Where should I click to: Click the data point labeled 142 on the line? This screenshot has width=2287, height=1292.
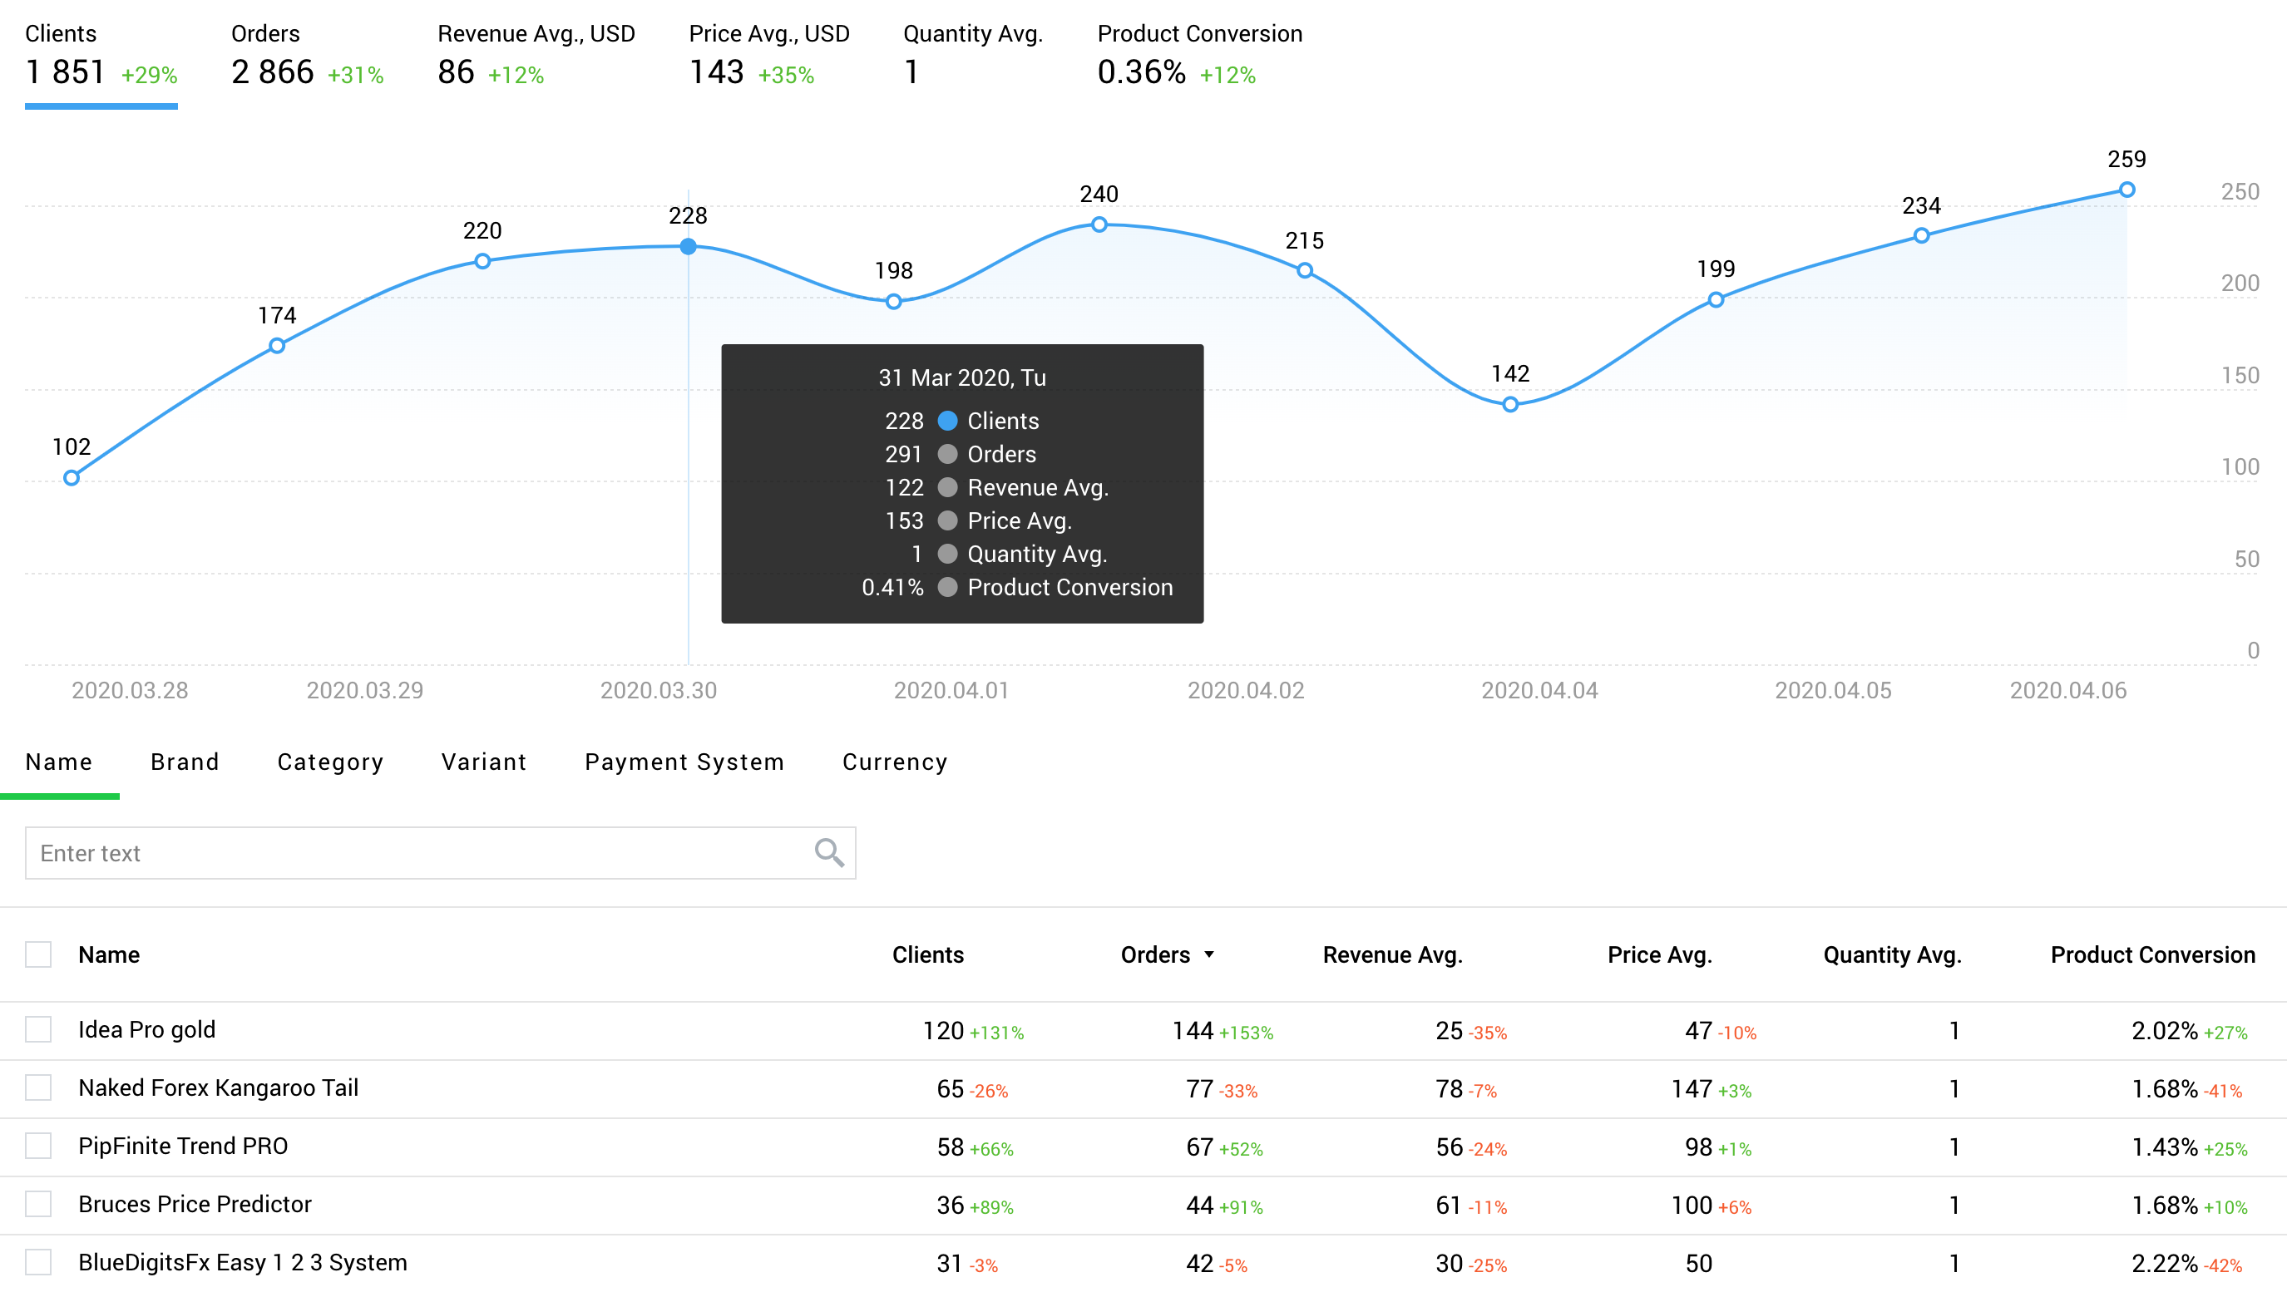(x=1510, y=405)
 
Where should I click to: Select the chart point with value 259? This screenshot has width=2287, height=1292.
(x=2126, y=190)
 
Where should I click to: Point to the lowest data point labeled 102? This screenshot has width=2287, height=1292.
(x=72, y=478)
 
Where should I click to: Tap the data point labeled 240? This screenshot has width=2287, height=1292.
(x=1099, y=224)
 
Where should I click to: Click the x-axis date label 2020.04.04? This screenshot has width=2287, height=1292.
(x=1539, y=690)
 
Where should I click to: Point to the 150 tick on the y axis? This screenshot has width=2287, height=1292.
(x=2239, y=375)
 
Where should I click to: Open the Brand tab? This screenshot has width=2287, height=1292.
(x=185, y=762)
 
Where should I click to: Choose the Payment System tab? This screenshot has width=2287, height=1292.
(x=684, y=762)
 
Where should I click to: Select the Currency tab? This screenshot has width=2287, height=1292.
(x=894, y=762)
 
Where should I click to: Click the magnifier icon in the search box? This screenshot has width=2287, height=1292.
(x=828, y=853)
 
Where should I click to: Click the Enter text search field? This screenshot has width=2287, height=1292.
(x=417, y=853)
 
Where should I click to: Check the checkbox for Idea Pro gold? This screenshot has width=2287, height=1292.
(x=38, y=1029)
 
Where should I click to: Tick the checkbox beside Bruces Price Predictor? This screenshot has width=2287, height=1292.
(x=38, y=1204)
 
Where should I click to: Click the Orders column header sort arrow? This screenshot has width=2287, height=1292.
(x=1209, y=954)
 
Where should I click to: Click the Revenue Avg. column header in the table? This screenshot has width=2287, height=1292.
(x=1392, y=954)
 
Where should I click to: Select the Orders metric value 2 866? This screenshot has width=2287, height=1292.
(x=273, y=72)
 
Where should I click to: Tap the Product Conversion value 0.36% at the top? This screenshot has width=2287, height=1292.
(x=1141, y=72)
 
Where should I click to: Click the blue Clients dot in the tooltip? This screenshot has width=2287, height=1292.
(x=947, y=421)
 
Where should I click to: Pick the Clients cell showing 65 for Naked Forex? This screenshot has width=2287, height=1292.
(x=950, y=1089)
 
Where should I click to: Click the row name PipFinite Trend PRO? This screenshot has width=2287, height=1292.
(x=183, y=1146)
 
